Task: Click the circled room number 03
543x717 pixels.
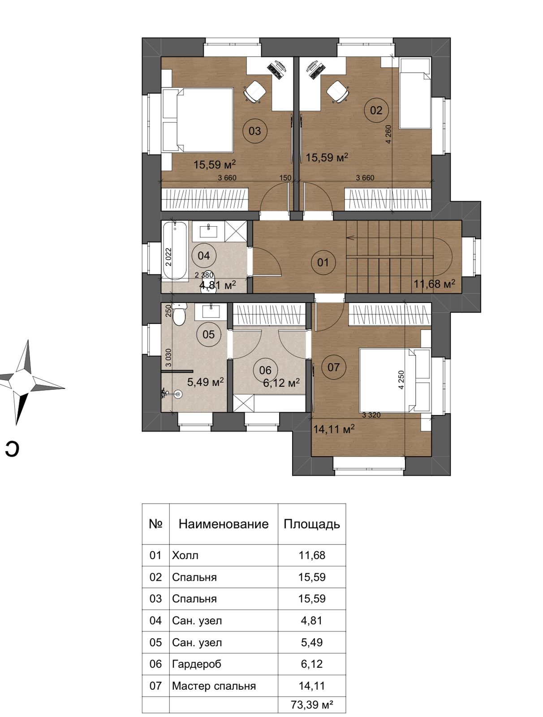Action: [254, 131]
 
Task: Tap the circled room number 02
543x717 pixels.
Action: [376, 110]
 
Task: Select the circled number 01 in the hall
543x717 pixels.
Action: [323, 262]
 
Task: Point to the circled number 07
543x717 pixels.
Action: [333, 367]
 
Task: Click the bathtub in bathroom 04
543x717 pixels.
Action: [175, 250]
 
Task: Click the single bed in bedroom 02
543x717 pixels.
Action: [415, 93]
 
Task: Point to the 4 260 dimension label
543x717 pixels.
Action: [388, 134]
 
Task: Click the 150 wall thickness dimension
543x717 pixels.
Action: [285, 178]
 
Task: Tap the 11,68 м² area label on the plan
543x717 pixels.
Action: [435, 284]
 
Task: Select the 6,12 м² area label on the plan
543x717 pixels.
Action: [281, 383]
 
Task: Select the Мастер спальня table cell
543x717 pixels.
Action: [214, 685]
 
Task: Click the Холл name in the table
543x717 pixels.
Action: [185, 555]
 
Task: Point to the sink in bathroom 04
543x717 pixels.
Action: [208, 230]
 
